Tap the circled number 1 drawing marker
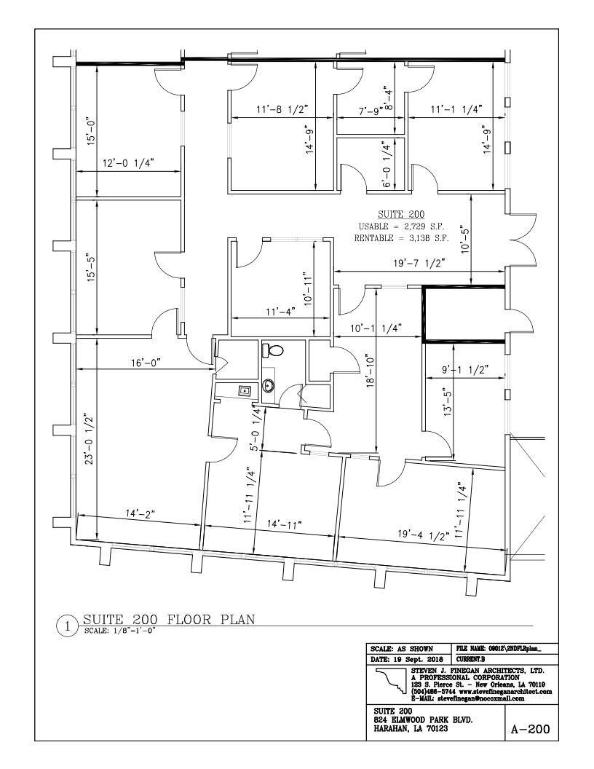coord(66,626)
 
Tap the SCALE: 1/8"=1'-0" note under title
coord(120,631)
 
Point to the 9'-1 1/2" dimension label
coord(464,369)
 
